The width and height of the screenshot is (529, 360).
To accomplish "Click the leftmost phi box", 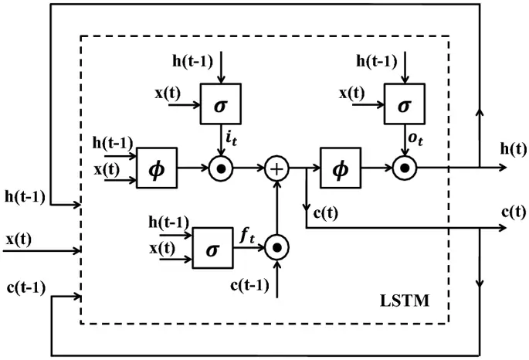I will pyautogui.click(x=157, y=166).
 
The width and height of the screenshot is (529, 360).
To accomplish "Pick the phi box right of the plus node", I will pyautogui.click(x=341, y=166).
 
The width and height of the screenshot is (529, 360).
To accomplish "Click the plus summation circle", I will pyautogui.click(x=276, y=166).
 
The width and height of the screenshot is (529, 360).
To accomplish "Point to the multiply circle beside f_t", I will pyautogui.click(x=276, y=248).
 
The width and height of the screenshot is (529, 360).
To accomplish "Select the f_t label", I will pyautogui.click(x=247, y=239).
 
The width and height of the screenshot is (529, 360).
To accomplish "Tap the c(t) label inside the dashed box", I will pyautogui.click(x=324, y=212).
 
